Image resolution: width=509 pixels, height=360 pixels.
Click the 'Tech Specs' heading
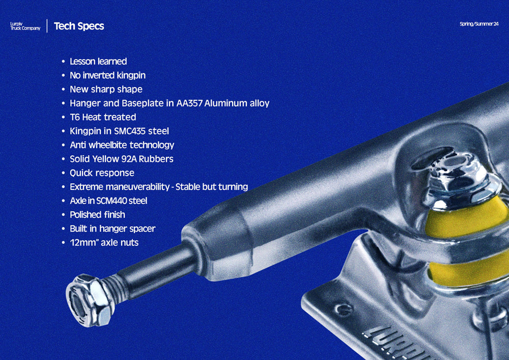79,26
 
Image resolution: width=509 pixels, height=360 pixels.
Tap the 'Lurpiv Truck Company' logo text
25,26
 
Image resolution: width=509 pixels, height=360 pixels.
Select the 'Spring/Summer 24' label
479,24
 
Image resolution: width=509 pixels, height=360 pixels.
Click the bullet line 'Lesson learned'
98,61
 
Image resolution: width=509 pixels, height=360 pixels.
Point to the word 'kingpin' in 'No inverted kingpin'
131,76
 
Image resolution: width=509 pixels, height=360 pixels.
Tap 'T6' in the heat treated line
75,117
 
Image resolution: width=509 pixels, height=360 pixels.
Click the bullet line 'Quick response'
102,173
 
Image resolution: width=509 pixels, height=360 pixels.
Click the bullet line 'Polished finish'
97,215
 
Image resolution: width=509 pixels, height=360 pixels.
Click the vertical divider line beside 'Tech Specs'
47,26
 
